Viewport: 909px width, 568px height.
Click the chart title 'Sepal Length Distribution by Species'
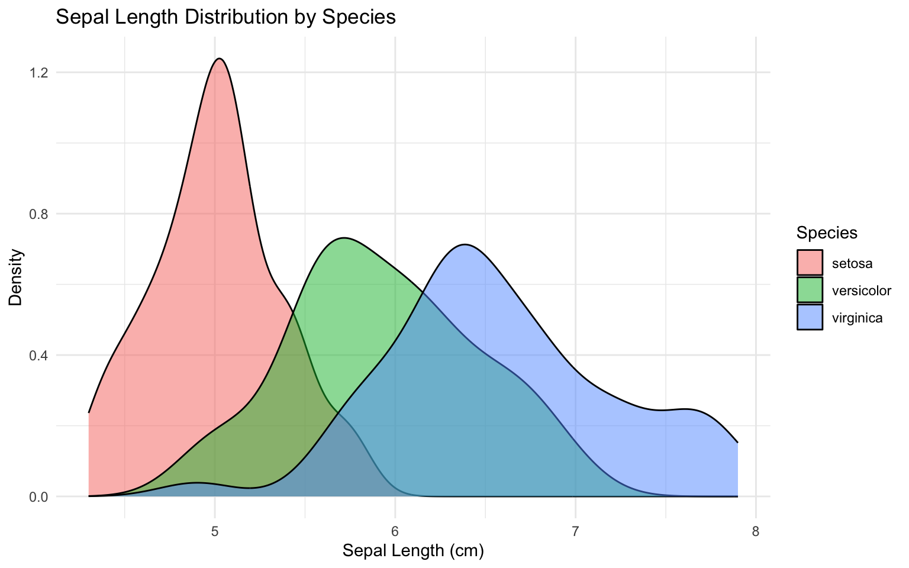point(225,17)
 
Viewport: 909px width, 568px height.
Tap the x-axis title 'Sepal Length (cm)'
point(414,551)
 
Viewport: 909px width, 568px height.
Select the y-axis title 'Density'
point(16,277)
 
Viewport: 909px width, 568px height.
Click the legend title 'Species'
point(827,233)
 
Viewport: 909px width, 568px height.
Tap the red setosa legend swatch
point(810,263)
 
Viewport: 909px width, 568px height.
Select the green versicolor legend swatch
point(810,290)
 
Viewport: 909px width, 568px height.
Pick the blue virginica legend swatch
point(810,317)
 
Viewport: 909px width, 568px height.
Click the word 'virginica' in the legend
point(857,318)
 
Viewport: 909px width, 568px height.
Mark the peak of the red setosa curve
point(220,59)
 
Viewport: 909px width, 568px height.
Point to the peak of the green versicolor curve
point(344,238)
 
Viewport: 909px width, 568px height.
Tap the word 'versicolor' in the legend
point(861,291)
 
